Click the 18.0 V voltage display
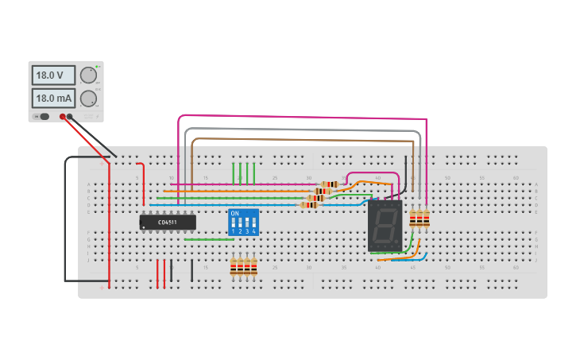(x=53, y=75)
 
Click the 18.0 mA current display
(x=53, y=99)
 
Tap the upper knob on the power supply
(x=88, y=75)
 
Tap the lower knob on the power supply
(x=88, y=98)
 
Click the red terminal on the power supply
(x=63, y=117)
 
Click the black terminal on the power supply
(x=70, y=117)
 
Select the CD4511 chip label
(x=168, y=223)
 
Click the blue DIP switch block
(x=243, y=223)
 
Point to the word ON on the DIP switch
(x=234, y=214)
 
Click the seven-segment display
(x=385, y=226)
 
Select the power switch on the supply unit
(x=43, y=117)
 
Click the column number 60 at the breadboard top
(x=516, y=177)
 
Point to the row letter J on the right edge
(x=536, y=260)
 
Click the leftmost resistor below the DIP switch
(x=234, y=268)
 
